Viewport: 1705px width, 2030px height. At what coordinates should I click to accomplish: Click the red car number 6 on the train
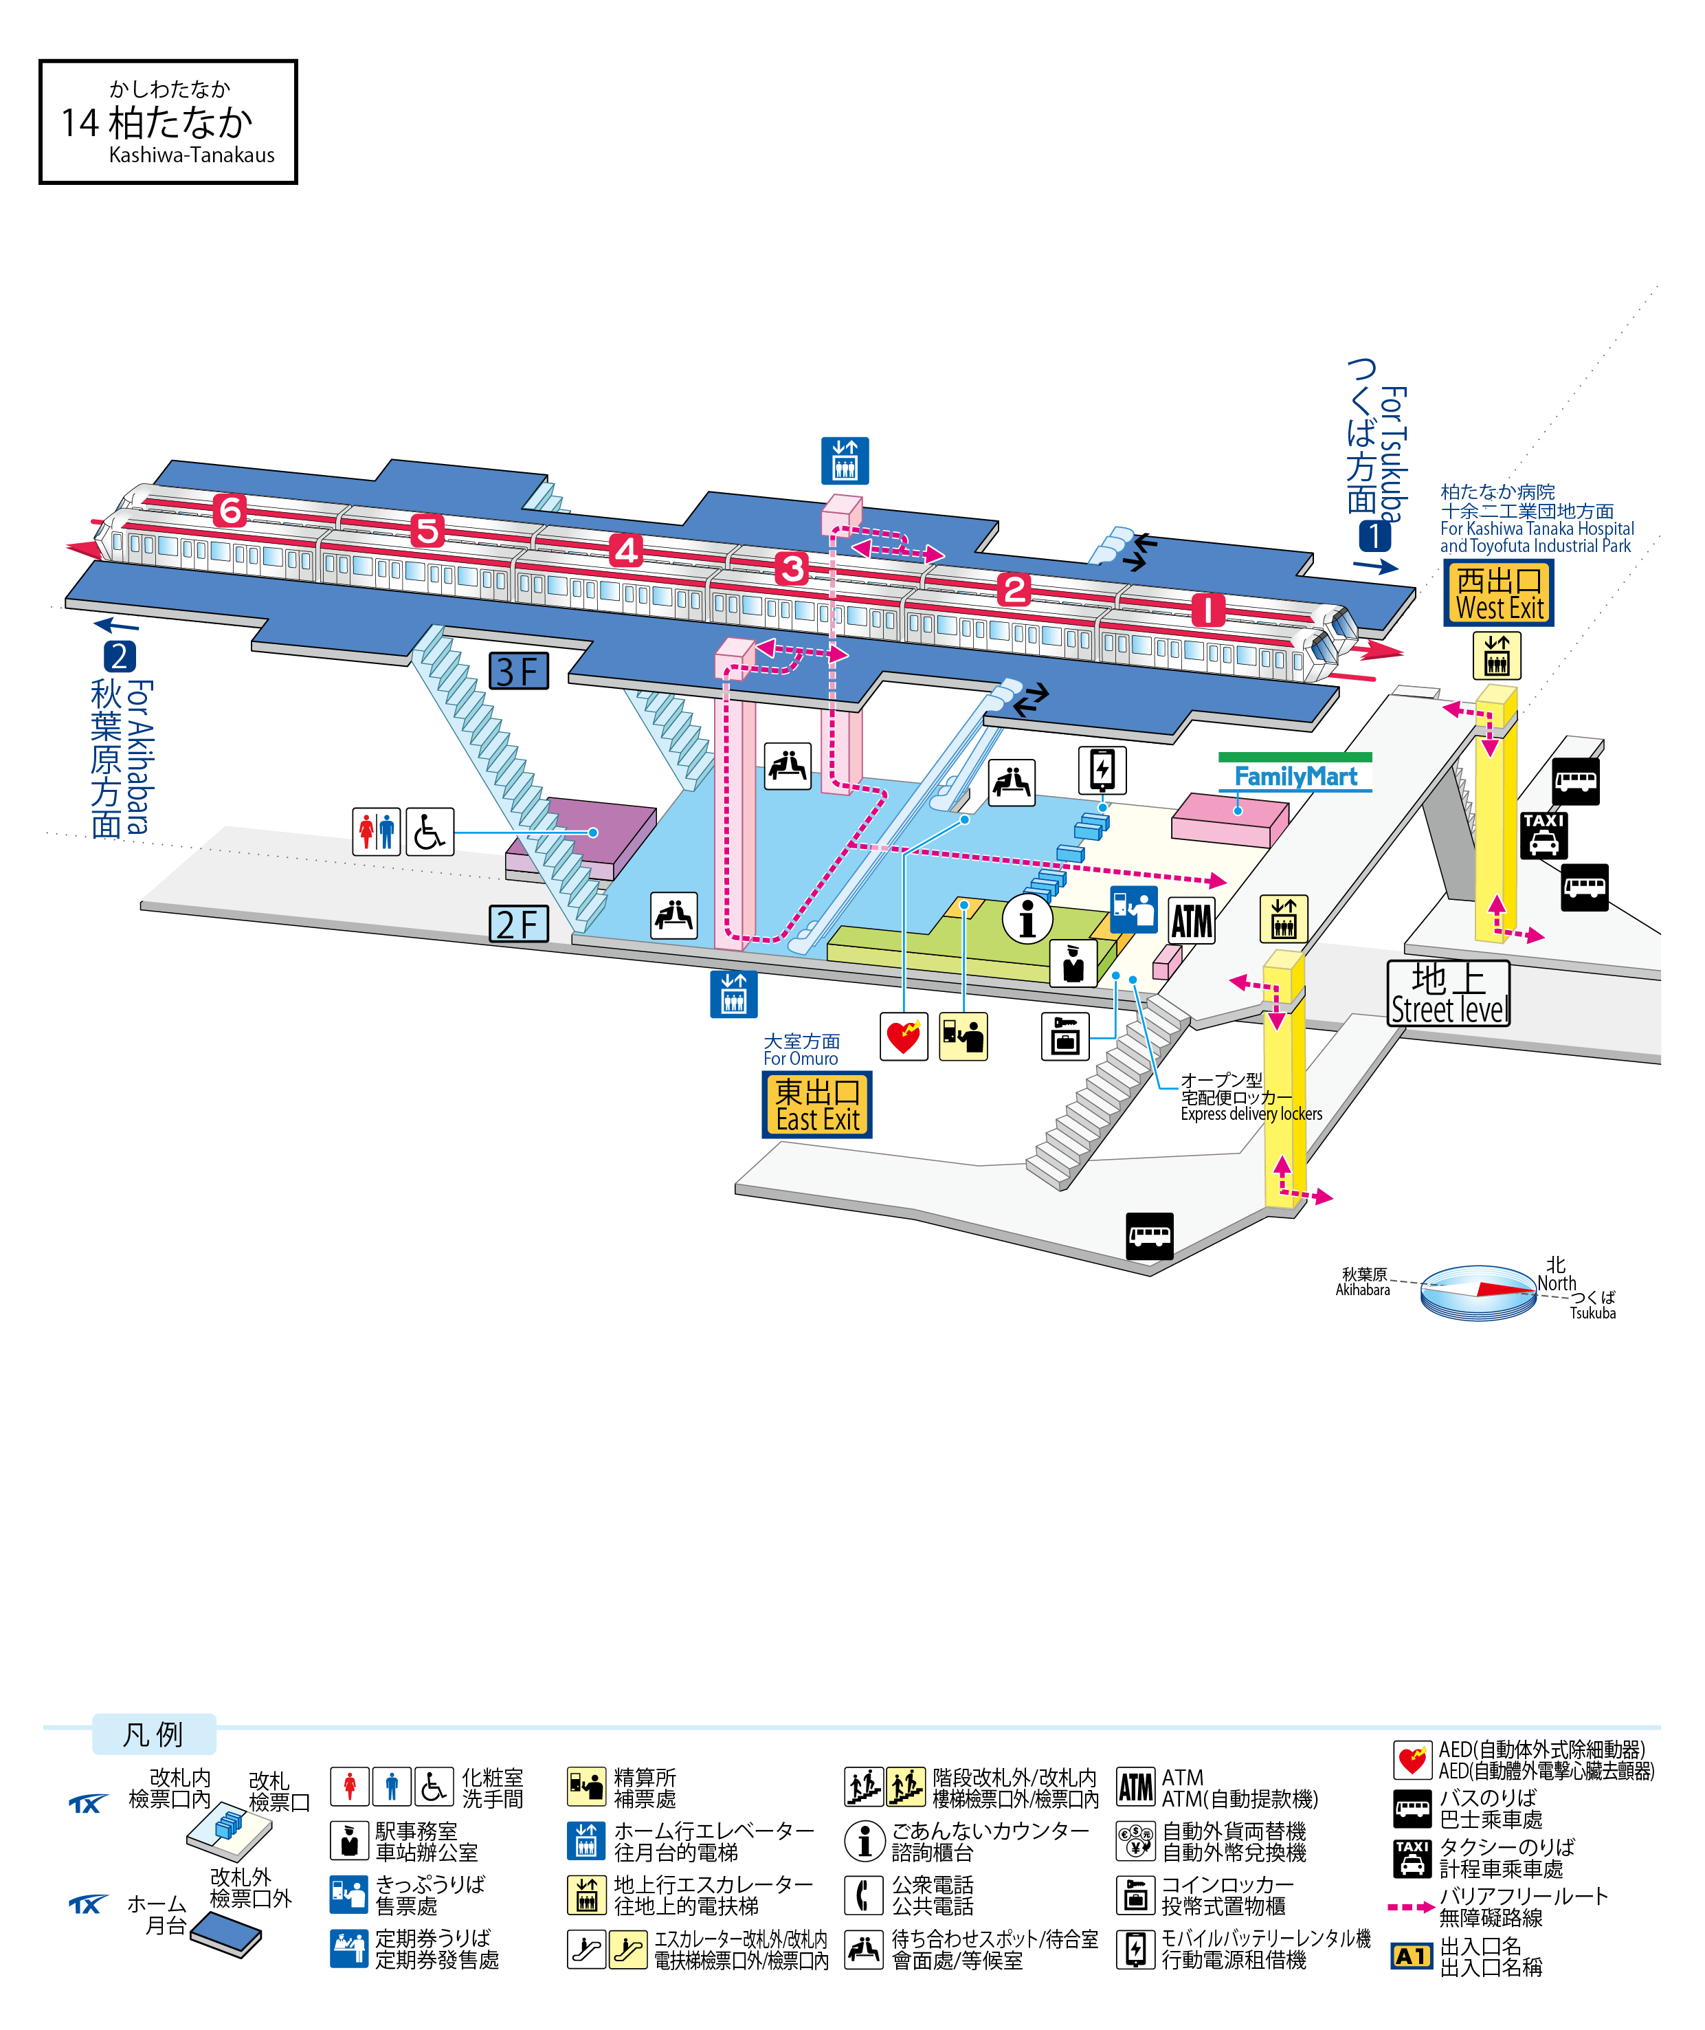point(230,509)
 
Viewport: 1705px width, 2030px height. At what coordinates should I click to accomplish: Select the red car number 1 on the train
point(1207,609)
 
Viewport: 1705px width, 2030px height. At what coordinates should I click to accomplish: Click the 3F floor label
point(519,671)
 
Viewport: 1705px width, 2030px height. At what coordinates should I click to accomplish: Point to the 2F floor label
point(519,924)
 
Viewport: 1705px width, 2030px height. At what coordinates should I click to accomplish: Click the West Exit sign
point(1498,593)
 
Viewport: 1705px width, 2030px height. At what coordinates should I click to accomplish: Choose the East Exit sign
point(816,1104)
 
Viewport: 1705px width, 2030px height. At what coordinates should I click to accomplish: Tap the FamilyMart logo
point(1295,776)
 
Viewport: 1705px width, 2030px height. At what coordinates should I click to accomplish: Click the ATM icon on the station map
point(1191,921)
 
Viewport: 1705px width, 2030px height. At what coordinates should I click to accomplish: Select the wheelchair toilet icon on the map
point(429,832)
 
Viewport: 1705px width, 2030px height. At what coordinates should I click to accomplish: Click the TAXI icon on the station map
point(1544,835)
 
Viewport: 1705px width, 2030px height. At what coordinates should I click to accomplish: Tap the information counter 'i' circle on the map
point(1027,916)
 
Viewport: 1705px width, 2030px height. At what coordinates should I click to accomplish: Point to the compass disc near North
point(1478,1292)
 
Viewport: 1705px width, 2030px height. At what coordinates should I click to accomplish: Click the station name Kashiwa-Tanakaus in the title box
point(191,155)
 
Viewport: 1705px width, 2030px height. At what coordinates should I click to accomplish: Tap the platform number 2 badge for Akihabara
point(120,657)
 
